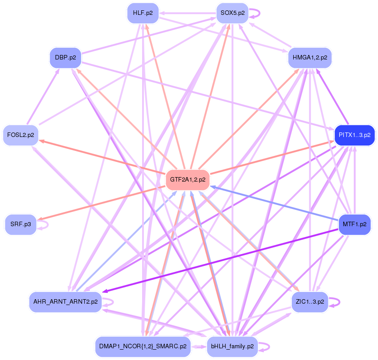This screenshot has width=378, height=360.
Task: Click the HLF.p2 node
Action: coord(143,13)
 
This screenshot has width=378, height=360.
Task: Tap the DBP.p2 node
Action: coord(65,58)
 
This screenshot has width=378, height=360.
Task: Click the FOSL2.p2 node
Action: coord(21,135)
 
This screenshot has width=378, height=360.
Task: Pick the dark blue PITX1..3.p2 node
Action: coord(355,135)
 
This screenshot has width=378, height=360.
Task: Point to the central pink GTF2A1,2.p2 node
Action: coord(188,180)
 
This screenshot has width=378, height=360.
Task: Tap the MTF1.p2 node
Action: coord(355,223)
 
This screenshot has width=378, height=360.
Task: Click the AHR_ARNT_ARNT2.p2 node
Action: coord(65,301)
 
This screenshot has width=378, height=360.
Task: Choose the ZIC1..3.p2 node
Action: coord(310,301)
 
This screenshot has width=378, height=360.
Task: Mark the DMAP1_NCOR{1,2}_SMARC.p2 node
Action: coord(143,346)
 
